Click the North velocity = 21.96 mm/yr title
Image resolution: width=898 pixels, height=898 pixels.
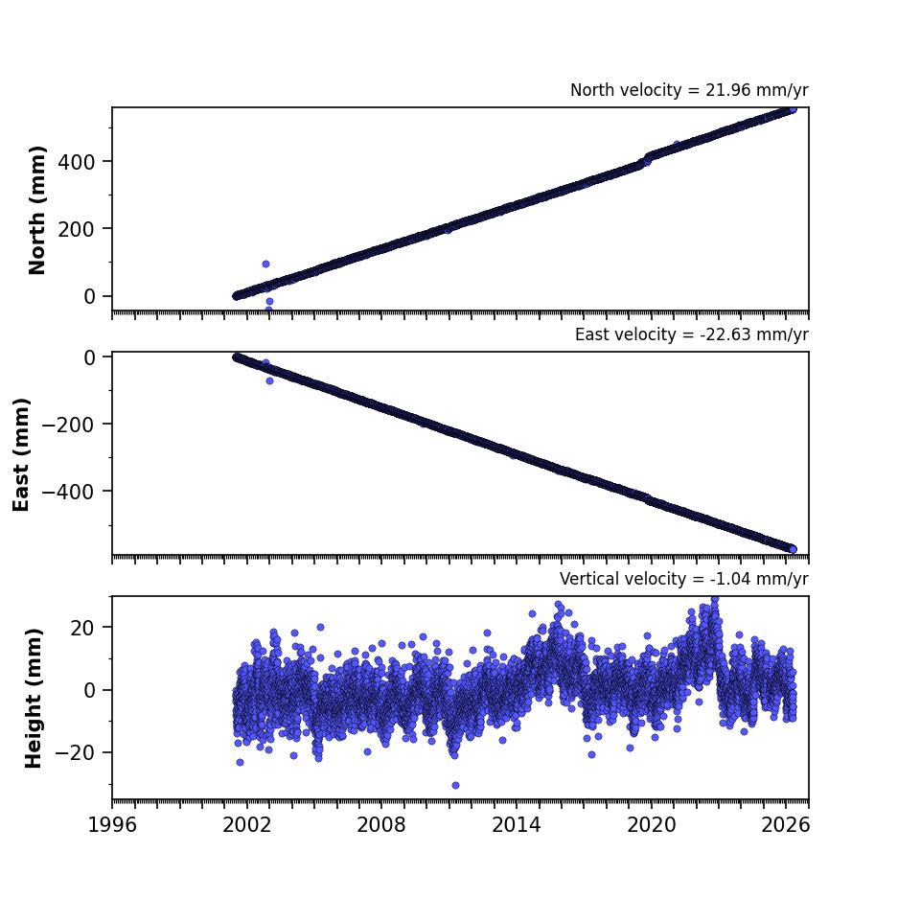[689, 90]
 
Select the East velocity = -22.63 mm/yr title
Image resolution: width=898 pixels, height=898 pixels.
[691, 334]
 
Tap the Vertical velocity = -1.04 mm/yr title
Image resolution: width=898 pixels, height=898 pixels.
[684, 579]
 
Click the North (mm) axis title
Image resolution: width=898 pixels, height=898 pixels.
[36, 210]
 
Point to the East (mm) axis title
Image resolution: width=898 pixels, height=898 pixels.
[21, 454]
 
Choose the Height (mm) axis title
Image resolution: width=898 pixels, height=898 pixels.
[34, 698]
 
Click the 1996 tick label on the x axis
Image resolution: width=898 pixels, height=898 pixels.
[112, 825]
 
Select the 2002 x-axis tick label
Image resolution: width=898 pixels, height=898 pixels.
[247, 825]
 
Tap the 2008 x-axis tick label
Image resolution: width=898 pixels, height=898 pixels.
[381, 825]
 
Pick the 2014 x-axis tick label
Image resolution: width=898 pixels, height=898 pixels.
[516, 825]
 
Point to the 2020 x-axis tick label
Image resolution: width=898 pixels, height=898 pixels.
[651, 825]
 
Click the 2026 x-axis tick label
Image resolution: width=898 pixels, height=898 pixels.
[786, 825]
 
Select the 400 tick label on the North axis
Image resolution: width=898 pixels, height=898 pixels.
[76, 163]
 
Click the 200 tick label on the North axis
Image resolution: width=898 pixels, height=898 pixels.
[76, 230]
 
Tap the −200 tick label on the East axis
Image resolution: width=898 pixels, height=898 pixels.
[68, 425]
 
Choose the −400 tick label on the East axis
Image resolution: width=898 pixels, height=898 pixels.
[68, 492]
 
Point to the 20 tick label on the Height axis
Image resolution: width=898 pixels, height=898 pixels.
[82, 629]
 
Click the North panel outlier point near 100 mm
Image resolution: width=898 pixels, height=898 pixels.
[265, 264]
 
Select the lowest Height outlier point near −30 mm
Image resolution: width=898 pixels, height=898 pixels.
[455, 785]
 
